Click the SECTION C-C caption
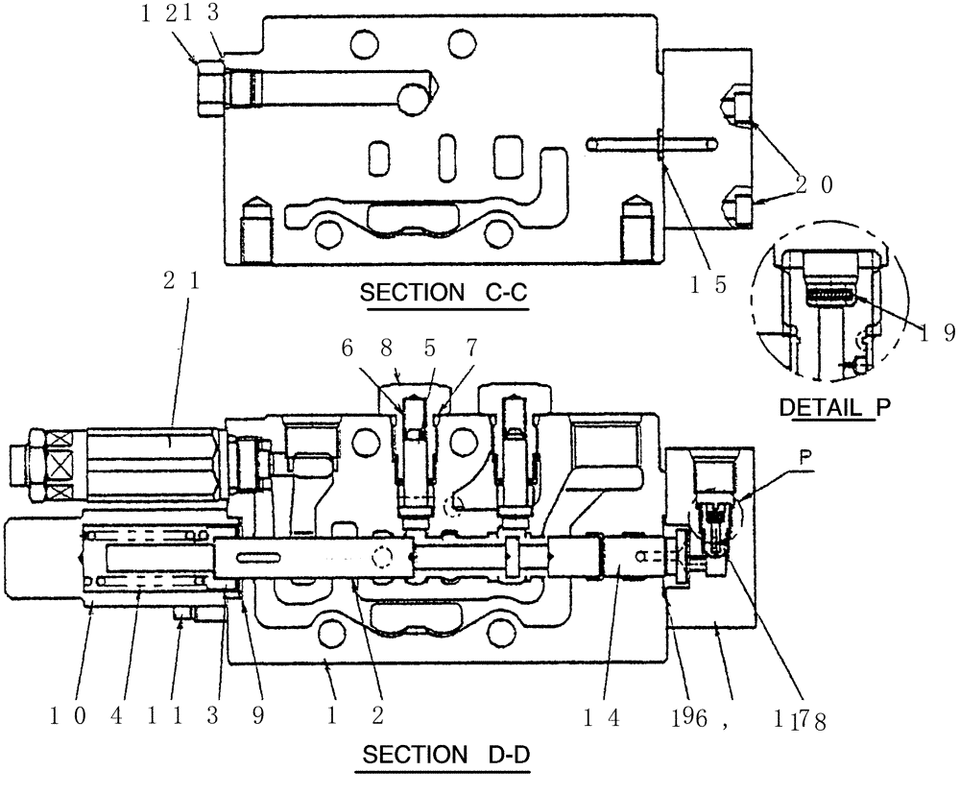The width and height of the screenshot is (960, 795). pos(443,293)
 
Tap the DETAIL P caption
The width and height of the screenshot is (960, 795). pos(833,406)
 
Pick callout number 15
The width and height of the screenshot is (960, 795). pos(708,284)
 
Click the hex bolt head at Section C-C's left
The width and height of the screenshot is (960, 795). pos(210,88)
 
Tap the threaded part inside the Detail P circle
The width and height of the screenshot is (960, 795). pos(828,298)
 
